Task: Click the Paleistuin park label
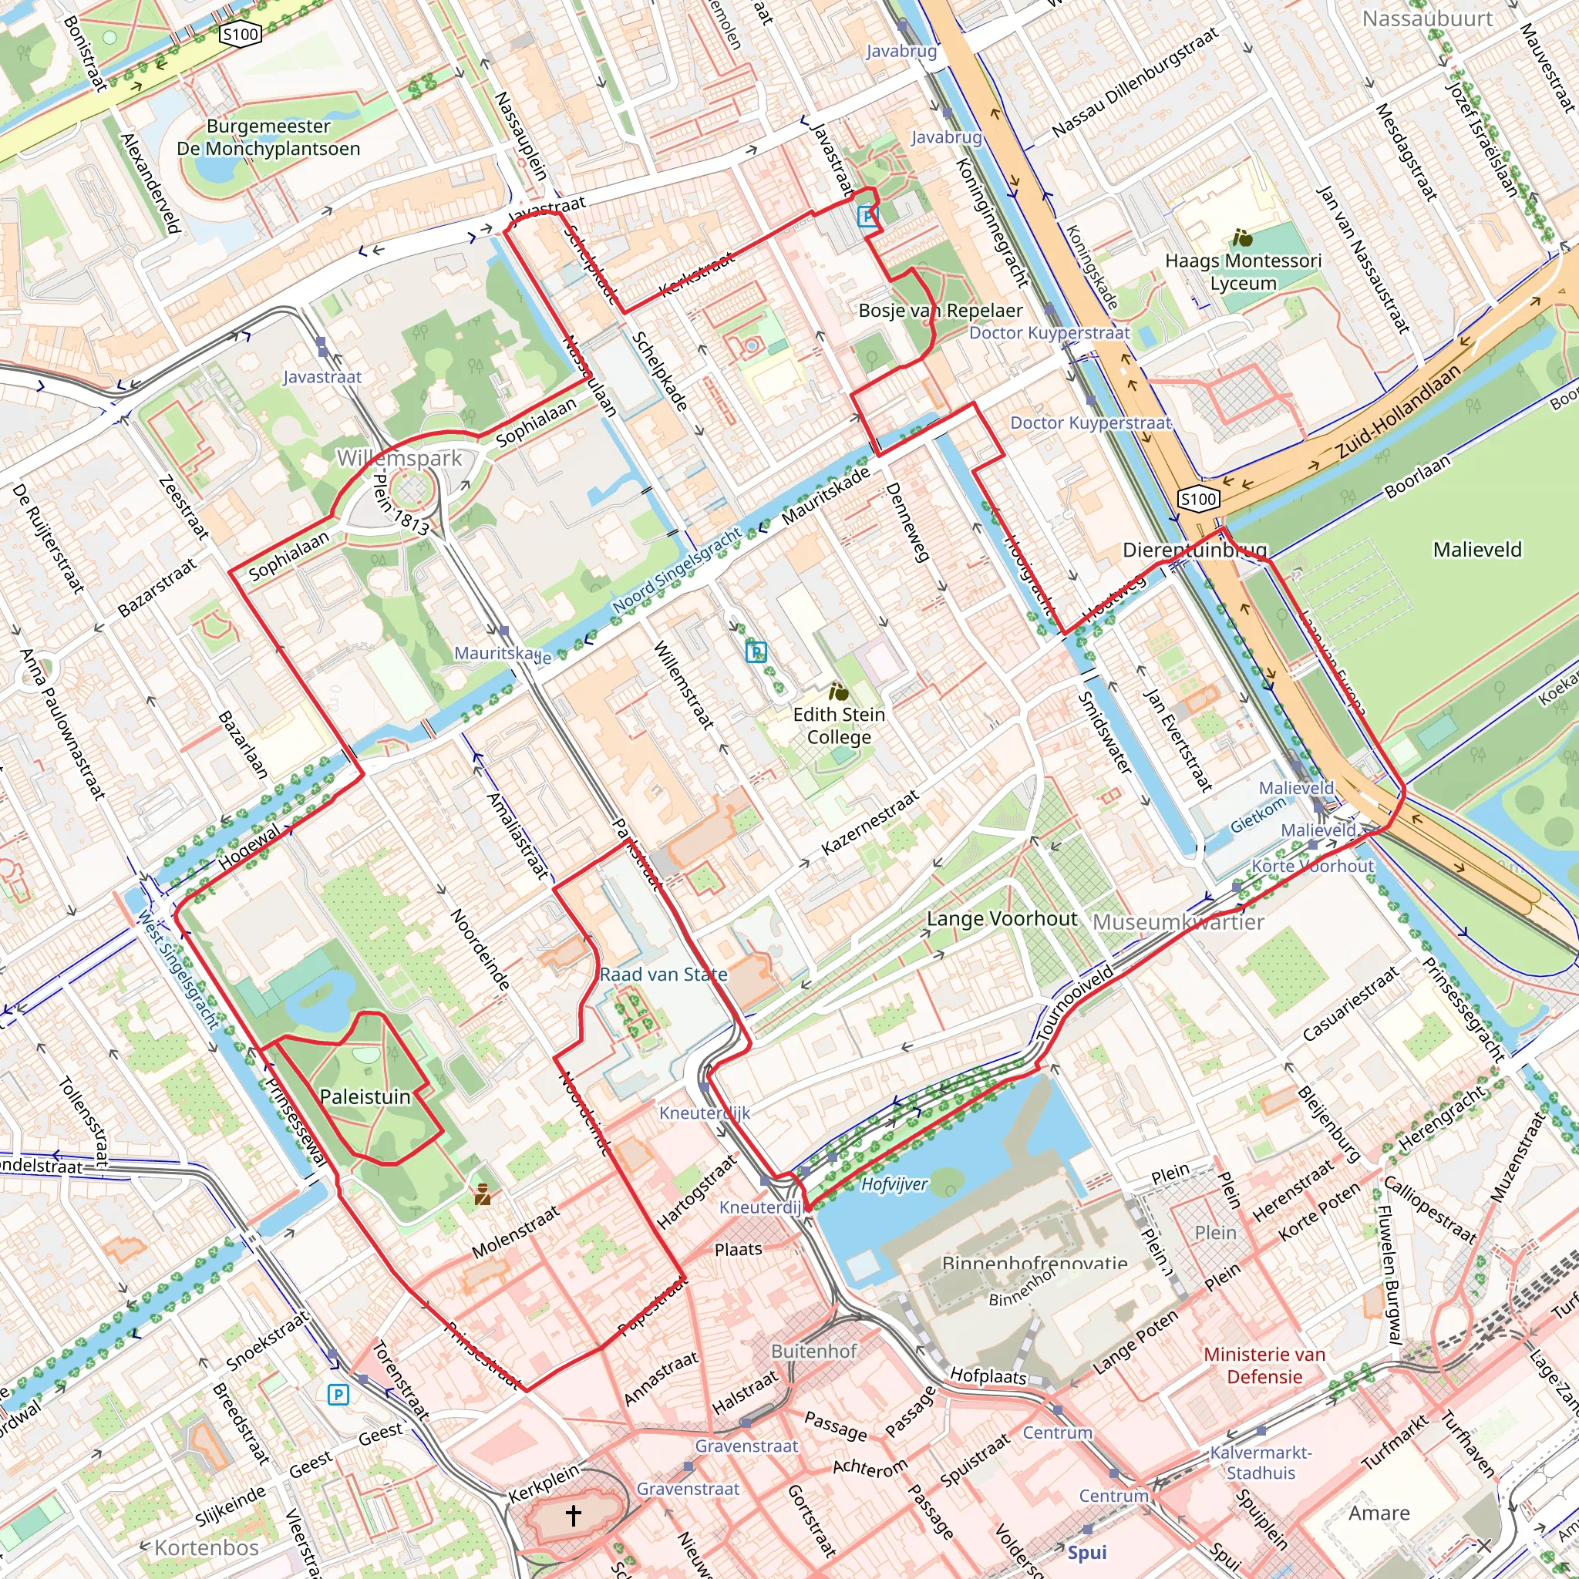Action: point(365,1097)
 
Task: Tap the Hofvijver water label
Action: point(894,1184)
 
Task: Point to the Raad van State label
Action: point(663,975)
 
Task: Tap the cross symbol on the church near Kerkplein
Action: point(573,1514)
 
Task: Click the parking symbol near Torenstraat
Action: point(338,1394)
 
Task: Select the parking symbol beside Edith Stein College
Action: point(756,651)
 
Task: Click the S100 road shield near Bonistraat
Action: point(241,33)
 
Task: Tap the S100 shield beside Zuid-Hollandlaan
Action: point(1198,499)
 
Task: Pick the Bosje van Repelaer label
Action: point(940,311)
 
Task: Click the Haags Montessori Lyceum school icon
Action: point(1243,237)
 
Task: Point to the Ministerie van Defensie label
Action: point(1264,1365)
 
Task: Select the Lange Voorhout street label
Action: point(1002,918)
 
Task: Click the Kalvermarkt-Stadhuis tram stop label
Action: point(1261,1462)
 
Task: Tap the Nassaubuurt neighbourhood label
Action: point(1427,18)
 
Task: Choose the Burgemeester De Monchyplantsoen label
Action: point(268,137)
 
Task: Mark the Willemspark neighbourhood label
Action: point(399,458)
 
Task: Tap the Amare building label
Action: point(1379,1513)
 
